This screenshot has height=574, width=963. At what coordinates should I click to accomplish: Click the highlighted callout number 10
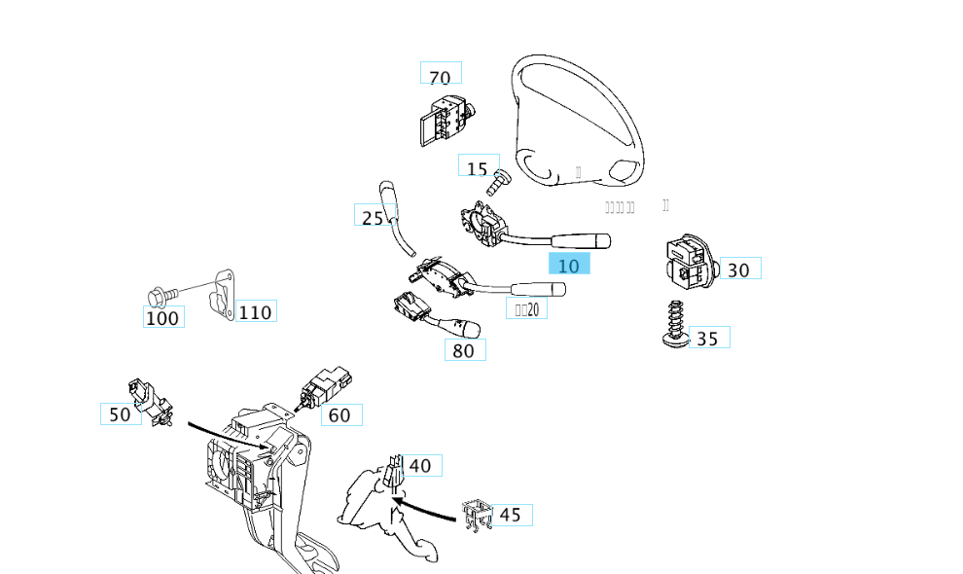click(569, 265)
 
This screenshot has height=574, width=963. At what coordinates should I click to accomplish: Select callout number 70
click(441, 76)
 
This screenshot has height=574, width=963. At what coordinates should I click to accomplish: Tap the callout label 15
click(478, 168)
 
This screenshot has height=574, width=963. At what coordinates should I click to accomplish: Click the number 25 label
click(373, 218)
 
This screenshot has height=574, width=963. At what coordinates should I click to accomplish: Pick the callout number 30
click(739, 269)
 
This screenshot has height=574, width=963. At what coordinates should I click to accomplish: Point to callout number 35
click(708, 338)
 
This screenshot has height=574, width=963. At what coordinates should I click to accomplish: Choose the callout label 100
click(162, 317)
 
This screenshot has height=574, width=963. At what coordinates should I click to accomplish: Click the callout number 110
click(255, 312)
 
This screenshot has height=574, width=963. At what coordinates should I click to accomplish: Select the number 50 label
click(120, 414)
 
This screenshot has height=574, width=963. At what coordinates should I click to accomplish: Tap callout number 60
click(340, 415)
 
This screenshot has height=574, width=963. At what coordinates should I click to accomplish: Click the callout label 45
click(511, 515)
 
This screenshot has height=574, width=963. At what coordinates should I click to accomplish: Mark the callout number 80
click(465, 350)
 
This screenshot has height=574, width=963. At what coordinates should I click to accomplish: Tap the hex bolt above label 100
click(160, 293)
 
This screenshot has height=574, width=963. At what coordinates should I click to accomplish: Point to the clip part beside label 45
click(474, 517)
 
